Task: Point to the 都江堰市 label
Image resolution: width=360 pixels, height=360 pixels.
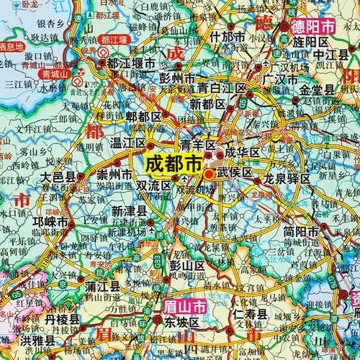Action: (x=131, y=63)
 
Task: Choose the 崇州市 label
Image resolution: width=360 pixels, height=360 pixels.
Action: (x=115, y=175)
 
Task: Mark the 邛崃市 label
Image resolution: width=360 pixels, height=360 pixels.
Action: (x=48, y=223)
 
